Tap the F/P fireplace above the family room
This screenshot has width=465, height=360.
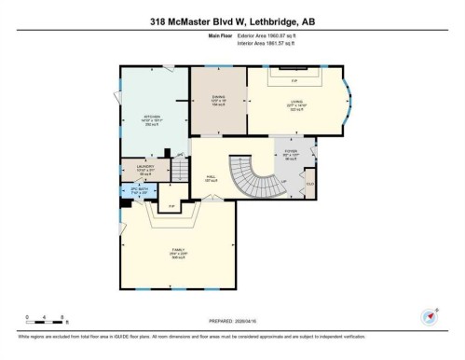(171, 205)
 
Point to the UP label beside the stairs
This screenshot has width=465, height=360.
(282, 182)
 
